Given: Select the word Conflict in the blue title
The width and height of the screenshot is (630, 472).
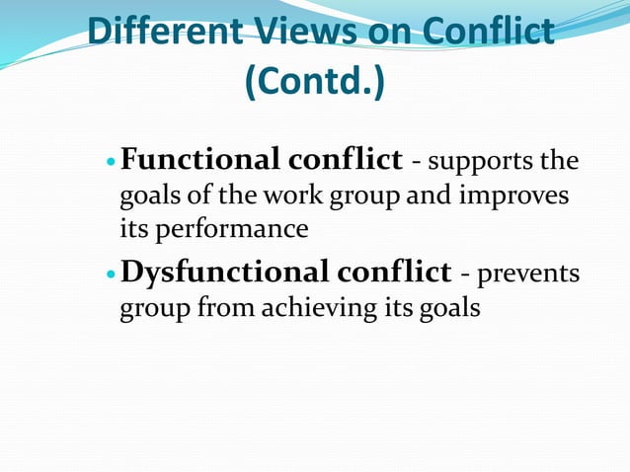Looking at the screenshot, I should pyautogui.click(x=488, y=32).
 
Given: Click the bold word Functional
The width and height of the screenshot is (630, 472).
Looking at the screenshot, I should pyautogui.click(x=201, y=159).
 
